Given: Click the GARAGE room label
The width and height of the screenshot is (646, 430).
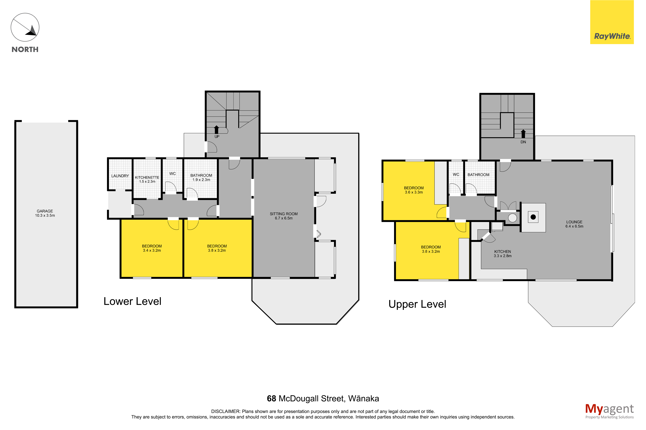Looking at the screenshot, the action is tap(45, 211).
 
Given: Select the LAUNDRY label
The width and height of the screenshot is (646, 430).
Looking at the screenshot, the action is tap(120, 176).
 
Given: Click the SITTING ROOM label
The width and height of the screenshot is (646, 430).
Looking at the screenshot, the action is tap(284, 214).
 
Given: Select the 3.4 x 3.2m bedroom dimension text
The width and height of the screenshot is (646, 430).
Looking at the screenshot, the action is tap(152, 250).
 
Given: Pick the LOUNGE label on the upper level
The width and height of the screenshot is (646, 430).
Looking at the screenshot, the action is tap(574, 222).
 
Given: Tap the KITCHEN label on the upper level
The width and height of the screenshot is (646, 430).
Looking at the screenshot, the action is tap(502, 251).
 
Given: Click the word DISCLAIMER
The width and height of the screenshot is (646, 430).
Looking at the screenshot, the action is tap(225, 411).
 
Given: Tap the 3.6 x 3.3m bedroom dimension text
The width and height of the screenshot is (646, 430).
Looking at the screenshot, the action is tap(414, 192).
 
